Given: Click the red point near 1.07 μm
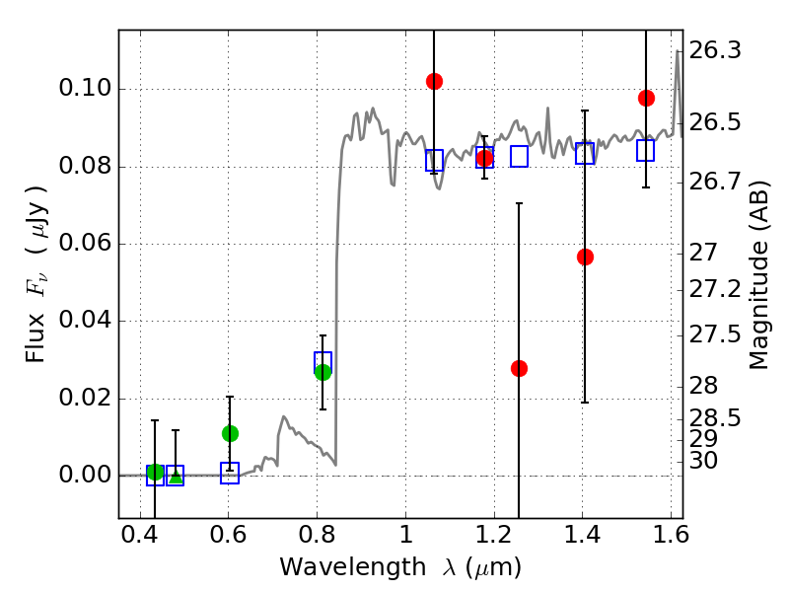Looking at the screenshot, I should [x=434, y=81].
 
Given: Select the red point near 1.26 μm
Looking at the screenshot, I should [x=519, y=368].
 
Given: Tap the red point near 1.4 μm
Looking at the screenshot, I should [x=585, y=257].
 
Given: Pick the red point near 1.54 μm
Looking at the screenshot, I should [x=646, y=98].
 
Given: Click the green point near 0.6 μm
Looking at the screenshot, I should [x=230, y=433].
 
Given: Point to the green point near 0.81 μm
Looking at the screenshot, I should [x=323, y=372].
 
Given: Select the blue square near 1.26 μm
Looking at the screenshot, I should [x=519, y=156].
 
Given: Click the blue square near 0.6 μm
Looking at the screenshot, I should [x=230, y=474].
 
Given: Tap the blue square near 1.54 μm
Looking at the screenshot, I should [x=646, y=150].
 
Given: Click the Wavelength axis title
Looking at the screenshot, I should [x=399, y=567].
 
